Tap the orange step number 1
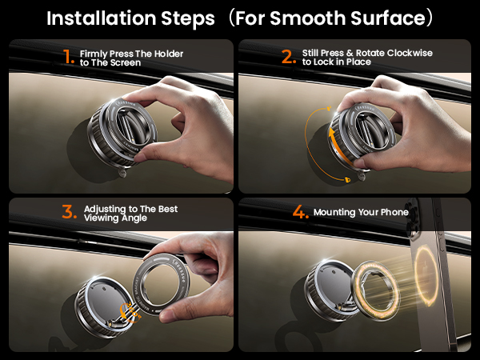pyautogui.click(x=68, y=57)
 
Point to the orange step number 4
pyautogui.click(x=299, y=213)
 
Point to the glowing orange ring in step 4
pyautogui.click(x=372, y=291)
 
